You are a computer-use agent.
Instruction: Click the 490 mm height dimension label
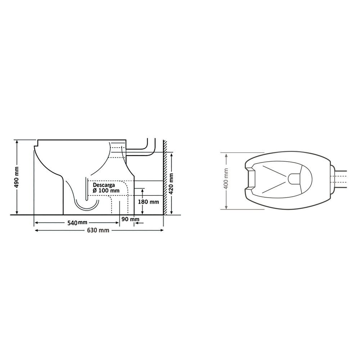pyautogui.click(x=17, y=177)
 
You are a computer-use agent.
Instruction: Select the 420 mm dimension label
pyautogui.click(x=171, y=184)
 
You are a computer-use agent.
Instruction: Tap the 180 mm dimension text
pyautogui.click(x=148, y=202)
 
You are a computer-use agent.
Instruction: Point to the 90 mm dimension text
pyautogui.click(x=130, y=219)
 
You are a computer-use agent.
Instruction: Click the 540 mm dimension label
pyautogui.click(x=77, y=223)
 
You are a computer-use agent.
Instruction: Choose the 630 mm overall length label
pyautogui.click(x=98, y=230)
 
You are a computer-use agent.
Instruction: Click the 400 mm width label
pyautogui.click(x=226, y=179)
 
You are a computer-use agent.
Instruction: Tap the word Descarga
pyautogui.click(x=104, y=185)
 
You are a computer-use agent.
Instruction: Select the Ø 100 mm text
pyautogui.click(x=106, y=190)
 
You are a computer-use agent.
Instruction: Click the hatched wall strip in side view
pyautogui.click(x=165, y=177)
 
